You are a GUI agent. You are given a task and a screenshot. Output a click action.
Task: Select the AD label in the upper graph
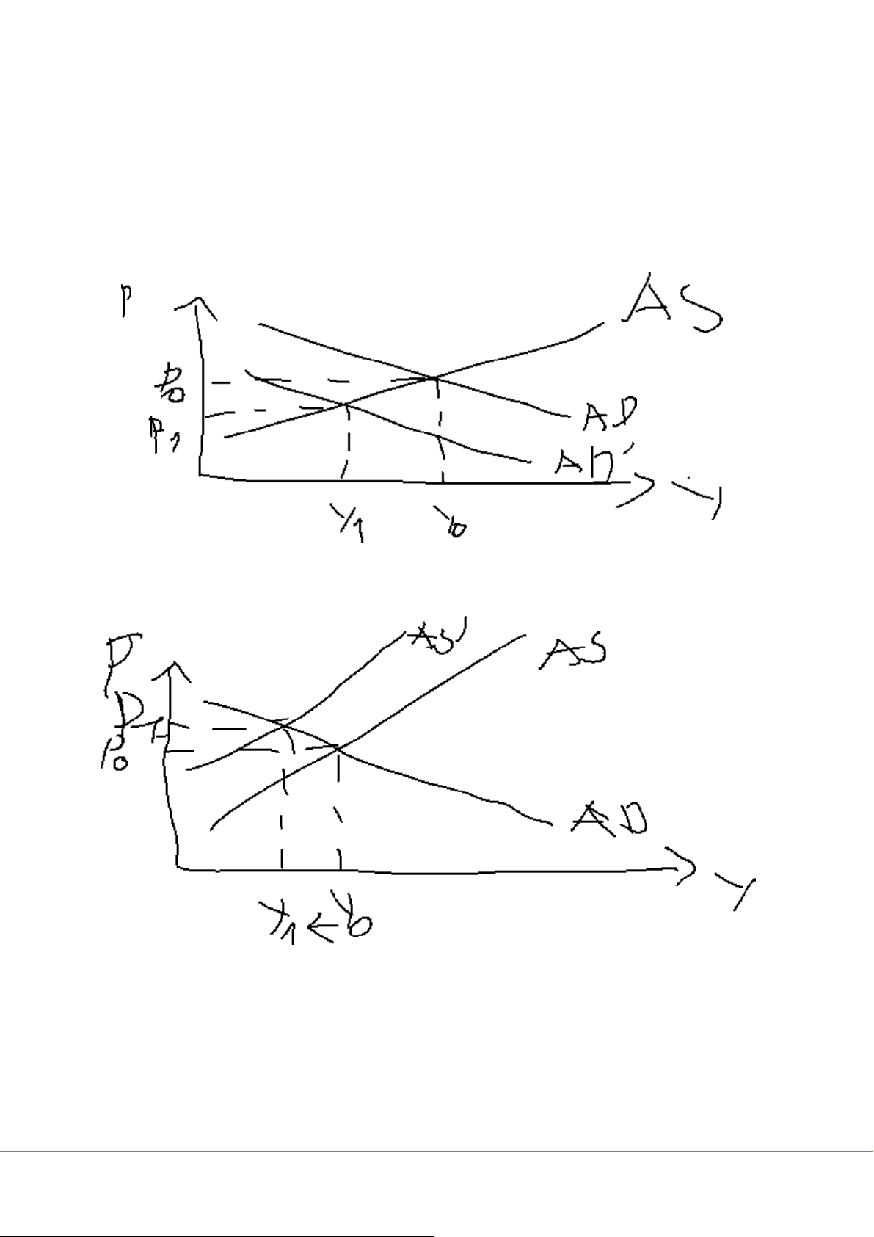pyautogui.click(x=610, y=415)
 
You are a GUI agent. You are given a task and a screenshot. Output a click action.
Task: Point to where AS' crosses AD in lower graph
pyautogui.click(x=283, y=726)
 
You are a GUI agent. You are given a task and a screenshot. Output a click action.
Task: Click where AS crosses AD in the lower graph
pyautogui.click(x=338, y=747)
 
